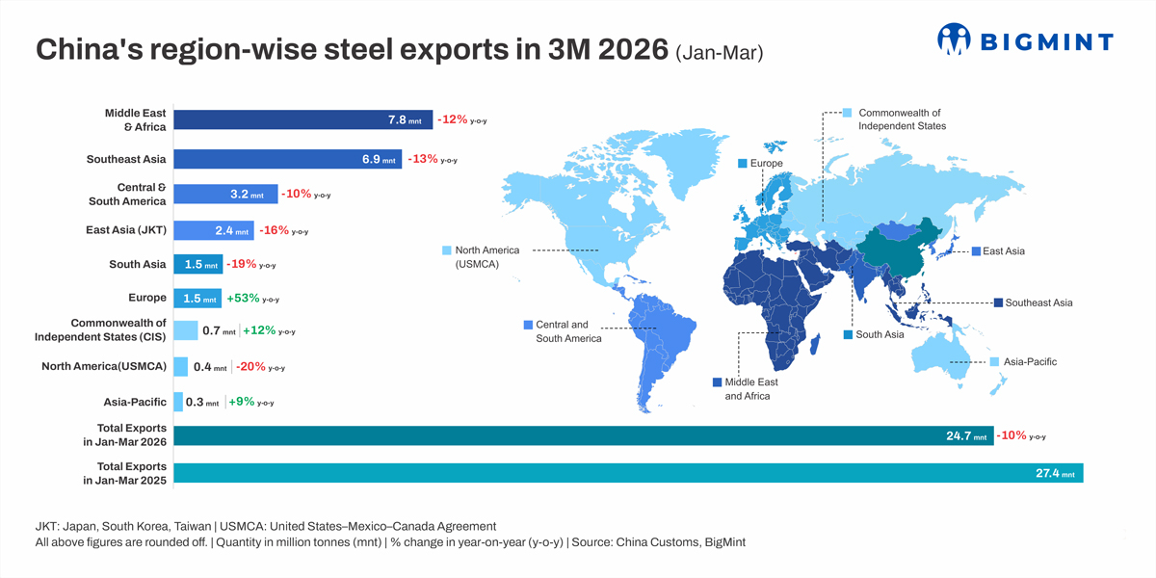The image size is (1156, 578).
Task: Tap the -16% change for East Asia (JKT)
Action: click(274, 230)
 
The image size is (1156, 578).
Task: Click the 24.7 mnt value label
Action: click(966, 436)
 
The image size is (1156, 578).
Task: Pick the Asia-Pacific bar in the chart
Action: click(178, 402)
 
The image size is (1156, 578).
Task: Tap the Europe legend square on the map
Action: click(743, 164)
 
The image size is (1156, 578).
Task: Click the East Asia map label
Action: click(1004, 251)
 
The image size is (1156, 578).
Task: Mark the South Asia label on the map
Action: click(880, 335)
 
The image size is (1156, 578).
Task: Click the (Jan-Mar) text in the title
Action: click(720, 53)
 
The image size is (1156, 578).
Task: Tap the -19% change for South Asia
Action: click(241, 264)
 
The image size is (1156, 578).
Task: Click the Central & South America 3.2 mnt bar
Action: click(225, 195)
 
